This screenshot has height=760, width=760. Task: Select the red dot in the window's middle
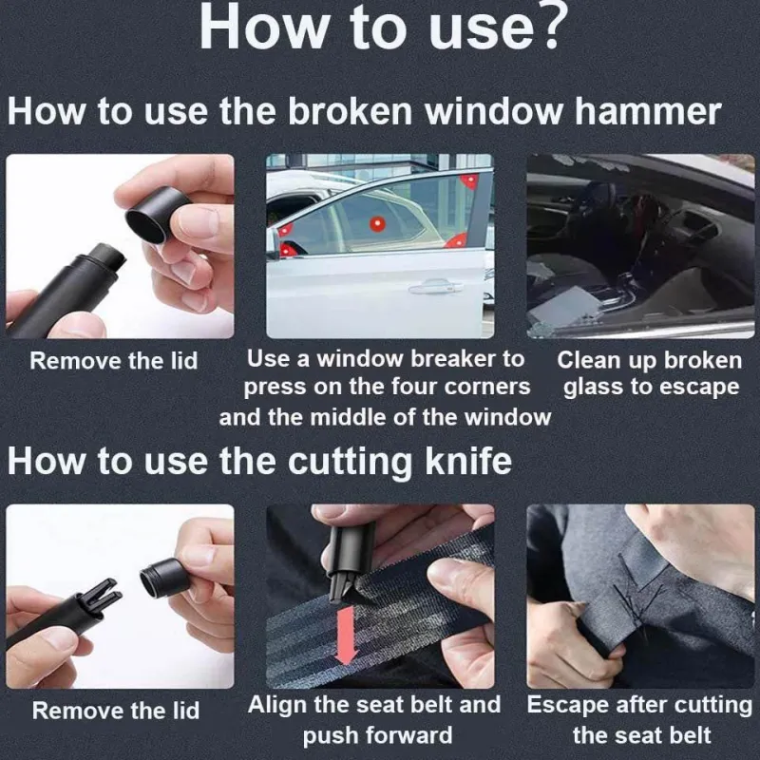pyautogui.click(x=377, y=224)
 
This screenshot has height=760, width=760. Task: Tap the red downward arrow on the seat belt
pyautogui.click(x=346, y=635)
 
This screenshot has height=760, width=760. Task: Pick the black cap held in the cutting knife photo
pyautogui.click(x=163, y=577)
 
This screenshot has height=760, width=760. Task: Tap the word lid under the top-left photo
pyautogui.click(x=184, y=361)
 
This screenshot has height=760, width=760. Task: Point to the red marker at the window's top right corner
pyautogui.click(x=469, y=180)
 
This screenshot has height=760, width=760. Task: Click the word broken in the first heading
pyautogui.click(x=350, y=112)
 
